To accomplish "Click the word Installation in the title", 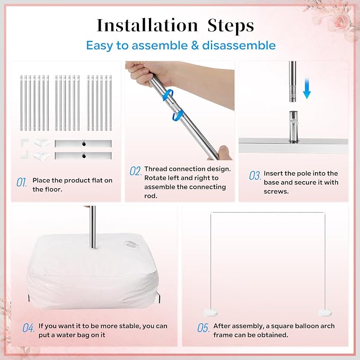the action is [147, 25].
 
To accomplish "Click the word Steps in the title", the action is [231, 26].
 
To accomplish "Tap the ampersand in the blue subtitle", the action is [195, 46].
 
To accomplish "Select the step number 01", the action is [22, 182].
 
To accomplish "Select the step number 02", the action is [135, 171].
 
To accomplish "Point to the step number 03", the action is [255, 175].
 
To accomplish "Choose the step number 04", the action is [29, 328].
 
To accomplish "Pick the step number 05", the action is [204, 328].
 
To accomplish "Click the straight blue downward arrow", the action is [307, 89].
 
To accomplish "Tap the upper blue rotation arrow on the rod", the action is [168, 95].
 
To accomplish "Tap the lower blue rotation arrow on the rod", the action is [178, 115].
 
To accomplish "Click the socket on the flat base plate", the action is [293, 127].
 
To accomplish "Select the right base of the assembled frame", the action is [325, 313].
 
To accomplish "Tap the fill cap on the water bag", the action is [130, 244].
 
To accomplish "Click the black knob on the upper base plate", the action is [84, 144].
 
